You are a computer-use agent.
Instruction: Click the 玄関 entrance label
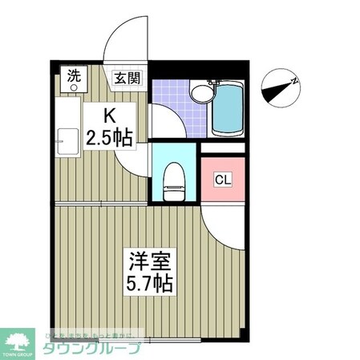coord(127,79)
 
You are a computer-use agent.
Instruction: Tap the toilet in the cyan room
coord(173,180)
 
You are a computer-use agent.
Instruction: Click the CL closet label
coord(222,180)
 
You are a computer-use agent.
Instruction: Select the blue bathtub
coord(229,108)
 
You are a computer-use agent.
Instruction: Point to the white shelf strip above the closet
coord(222,147)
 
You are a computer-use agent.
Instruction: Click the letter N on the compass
coord(294,81)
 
